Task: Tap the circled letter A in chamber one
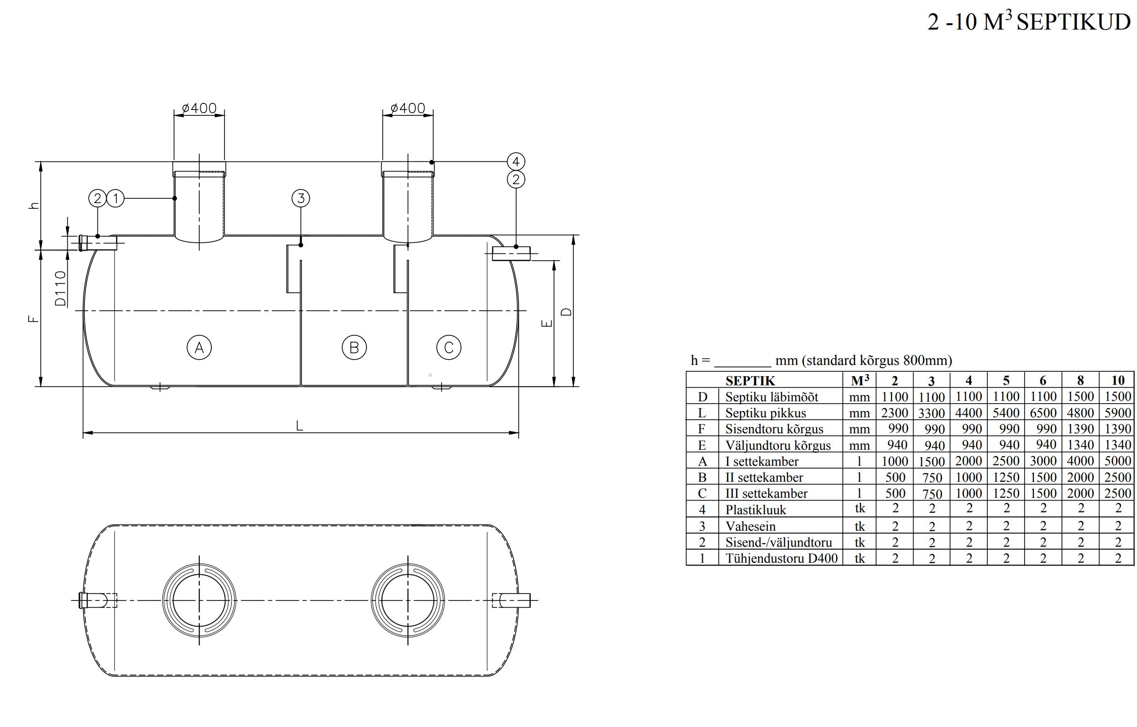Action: point(199,348)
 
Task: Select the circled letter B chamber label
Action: point(354,348)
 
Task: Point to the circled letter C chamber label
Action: point(449,348)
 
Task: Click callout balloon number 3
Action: point(301,198)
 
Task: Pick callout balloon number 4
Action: point(516,161)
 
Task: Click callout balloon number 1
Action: point(115,198)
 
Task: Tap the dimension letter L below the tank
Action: point(300,426)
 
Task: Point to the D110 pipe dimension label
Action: point(60,288)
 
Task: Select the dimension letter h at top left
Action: point(34,205)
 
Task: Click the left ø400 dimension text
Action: point(199,108)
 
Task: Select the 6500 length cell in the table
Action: point(1043,412)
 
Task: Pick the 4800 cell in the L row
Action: point(1080,412)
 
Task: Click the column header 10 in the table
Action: point(1118,380)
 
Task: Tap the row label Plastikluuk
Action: point(756,510)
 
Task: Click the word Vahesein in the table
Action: point(750,526)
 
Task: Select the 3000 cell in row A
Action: point(1043,460)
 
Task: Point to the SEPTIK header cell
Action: point(750,381)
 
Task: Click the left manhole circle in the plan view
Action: point(199,600)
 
